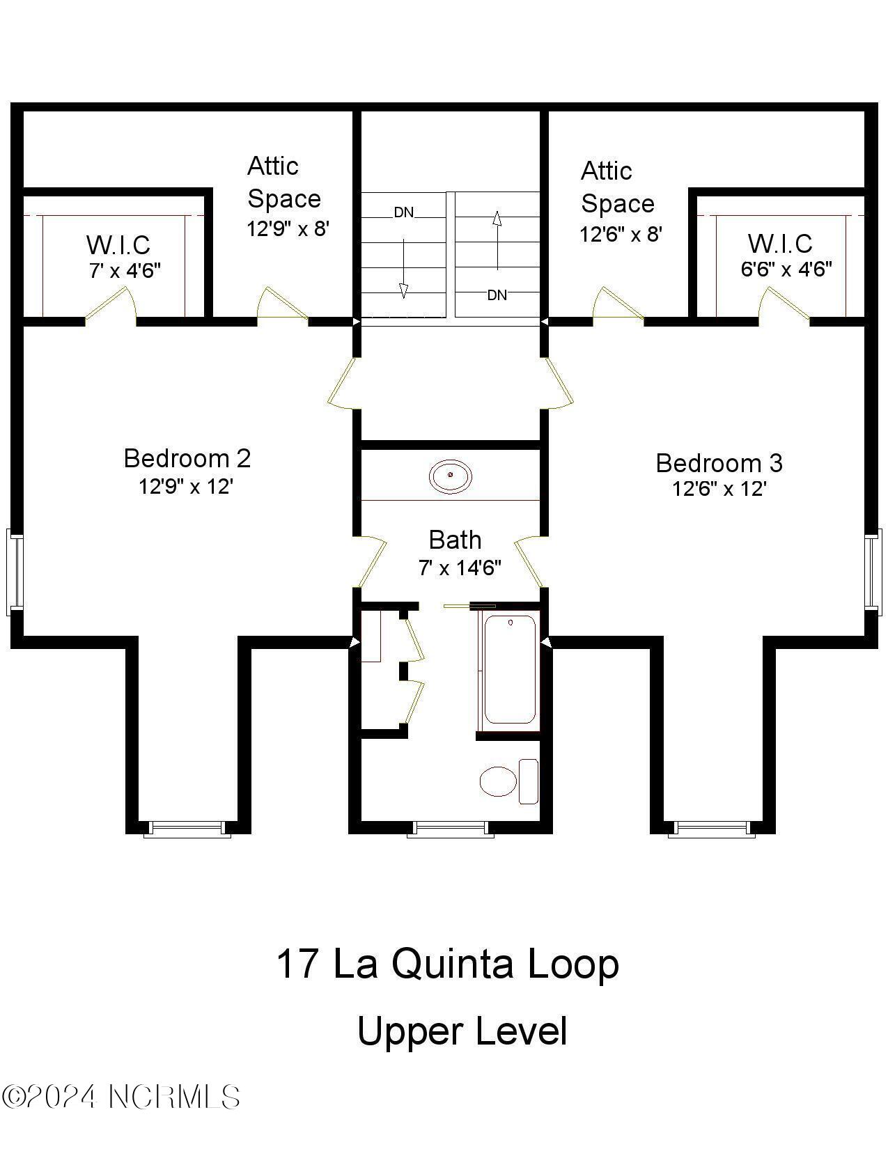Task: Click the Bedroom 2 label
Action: [x=187, y=458]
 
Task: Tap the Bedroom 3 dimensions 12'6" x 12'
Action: [x=719, y=489]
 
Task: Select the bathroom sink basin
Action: [x=451, y=477]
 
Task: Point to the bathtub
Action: [x=510, y=669]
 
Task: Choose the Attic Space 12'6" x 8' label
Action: [x=618, y=202]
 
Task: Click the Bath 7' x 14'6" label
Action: [x=457, y=553]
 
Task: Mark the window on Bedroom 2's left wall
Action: [x=14, y=571]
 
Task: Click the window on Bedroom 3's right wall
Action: [x=873, y=571]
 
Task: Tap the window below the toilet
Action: [x=450, y=829]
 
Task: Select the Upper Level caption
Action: [x=462, y=1032]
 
